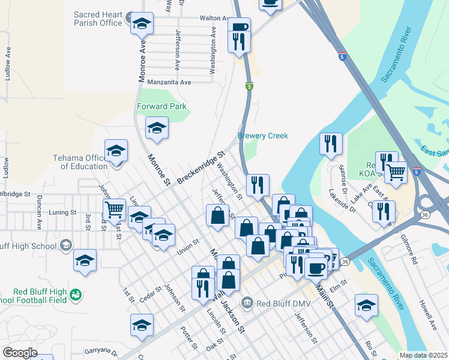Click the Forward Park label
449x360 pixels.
[x=161, y=106]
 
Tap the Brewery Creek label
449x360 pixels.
[x=263, y=136]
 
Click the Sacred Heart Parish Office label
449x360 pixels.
[x=98, y=19]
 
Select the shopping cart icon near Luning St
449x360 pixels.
[x=113, y=210]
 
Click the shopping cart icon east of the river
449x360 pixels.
[x=396, y=172]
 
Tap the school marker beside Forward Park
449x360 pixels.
[x=157, y=128]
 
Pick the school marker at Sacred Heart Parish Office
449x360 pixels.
[x=142, y=24]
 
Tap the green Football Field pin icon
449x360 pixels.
[x=75, y=294]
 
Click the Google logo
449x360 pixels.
[x=20, y=353]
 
